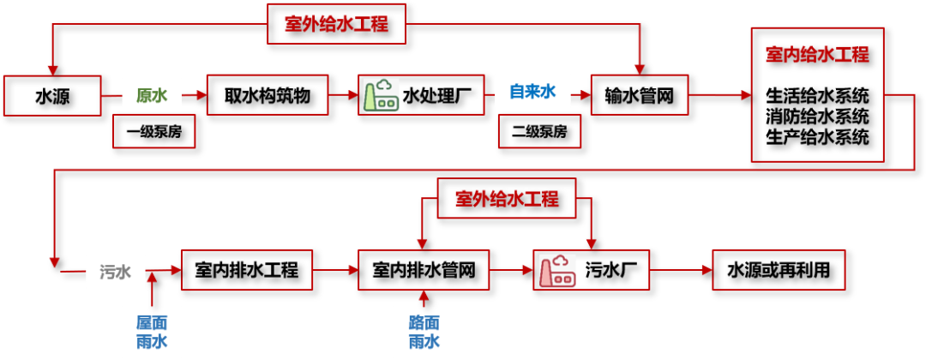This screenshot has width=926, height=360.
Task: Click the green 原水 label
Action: click(x=152, y=94)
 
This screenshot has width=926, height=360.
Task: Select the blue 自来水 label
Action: click(x=532, y=91)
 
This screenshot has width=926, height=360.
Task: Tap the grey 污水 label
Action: click(x=116, y=272)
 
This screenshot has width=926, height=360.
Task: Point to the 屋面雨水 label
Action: click(x=152, y=332)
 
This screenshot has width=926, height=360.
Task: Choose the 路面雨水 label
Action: click(x=424, y=332)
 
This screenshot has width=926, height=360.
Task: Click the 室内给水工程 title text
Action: click(x=817, y=55)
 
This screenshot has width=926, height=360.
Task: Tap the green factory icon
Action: click(x=381, y=94)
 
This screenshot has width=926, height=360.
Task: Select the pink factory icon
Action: click(x=557, y=271)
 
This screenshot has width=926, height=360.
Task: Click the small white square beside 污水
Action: click(x=55, y=271)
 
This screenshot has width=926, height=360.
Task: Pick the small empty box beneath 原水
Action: click(x=154, y=131)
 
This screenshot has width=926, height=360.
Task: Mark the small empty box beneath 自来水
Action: click(x=539, y=131)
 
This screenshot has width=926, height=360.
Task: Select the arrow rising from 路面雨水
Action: click(x=423, y=297)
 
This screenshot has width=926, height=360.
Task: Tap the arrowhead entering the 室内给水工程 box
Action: click(x=745, y=95)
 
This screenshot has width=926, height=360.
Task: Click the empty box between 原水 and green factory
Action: click(x=267, y=94)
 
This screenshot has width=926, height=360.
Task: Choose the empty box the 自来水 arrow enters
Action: click(x=639, y=94)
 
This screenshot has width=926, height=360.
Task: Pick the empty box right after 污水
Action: click(x=247, y=270)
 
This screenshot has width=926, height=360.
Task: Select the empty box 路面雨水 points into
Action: click(x=424, y=270)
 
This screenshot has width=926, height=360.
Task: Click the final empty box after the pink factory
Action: click(x=779, y=270)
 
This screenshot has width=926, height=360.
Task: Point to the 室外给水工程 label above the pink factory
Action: click(x=507, y=199)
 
